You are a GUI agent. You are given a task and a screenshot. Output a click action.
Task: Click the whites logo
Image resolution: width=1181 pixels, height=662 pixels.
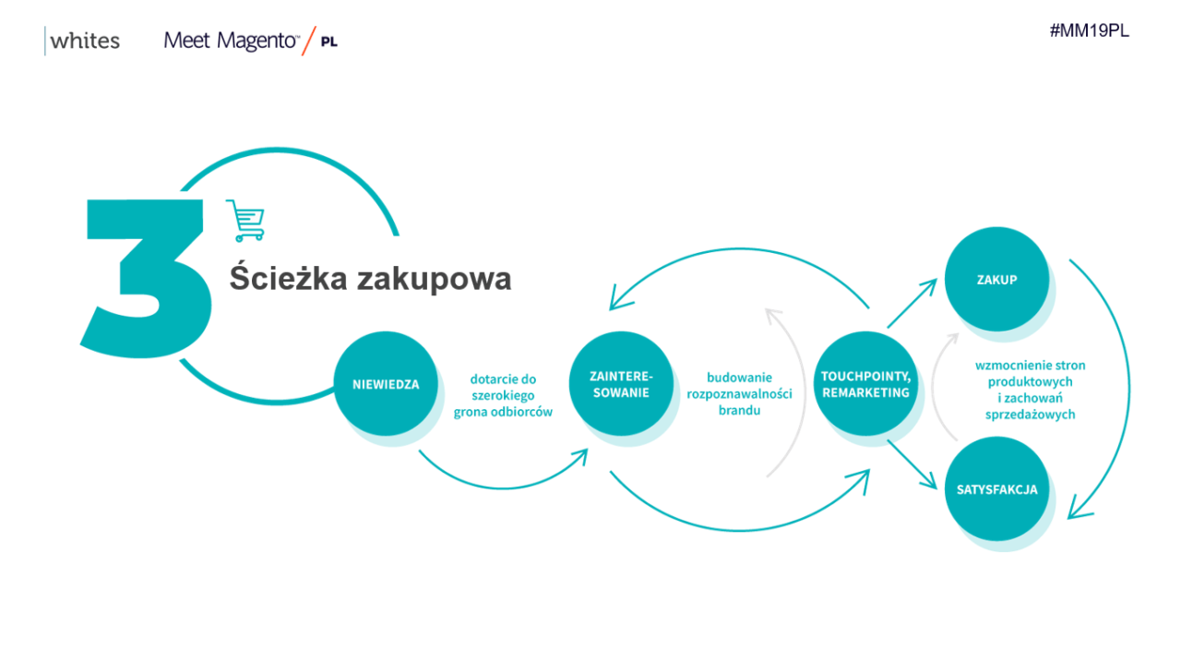tap(82, 41)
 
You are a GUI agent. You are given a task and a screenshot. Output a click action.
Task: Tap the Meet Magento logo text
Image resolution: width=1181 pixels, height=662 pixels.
tap(231, 41)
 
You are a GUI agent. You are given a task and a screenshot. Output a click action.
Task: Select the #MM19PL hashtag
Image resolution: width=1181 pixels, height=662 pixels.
tap(1090, 30)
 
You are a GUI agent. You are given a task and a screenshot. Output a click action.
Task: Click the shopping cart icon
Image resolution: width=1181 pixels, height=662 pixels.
tap(245, 221)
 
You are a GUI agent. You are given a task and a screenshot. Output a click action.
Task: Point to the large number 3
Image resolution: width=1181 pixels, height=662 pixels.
tap(146, 278)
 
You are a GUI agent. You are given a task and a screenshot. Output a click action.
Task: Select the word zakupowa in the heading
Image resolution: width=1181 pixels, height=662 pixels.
tap(434, 280)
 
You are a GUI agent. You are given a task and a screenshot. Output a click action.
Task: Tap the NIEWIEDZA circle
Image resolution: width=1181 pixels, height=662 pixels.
tap(386, 384)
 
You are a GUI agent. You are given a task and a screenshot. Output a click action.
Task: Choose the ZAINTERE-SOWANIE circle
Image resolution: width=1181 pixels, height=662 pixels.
tap(621, 384)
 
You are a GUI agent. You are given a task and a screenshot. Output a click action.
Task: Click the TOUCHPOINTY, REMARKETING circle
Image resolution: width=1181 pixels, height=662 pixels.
tap(865, 384)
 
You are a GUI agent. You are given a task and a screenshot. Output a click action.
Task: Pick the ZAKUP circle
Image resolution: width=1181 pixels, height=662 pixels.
tap(996, 279)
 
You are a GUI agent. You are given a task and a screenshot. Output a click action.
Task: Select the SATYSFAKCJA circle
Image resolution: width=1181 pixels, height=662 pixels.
tap(996, 489)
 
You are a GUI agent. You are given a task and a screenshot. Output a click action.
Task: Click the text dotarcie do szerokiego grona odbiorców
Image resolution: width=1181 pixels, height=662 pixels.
tap(503, 395)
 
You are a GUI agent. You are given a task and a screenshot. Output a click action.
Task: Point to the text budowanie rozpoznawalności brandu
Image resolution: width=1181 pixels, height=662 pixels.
tap(739, 393)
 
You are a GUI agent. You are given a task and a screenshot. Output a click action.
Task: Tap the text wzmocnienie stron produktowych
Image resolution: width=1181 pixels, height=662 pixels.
tap(1031, 373)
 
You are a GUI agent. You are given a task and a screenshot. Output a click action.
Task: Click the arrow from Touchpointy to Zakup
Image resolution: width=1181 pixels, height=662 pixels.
tap(913, 304)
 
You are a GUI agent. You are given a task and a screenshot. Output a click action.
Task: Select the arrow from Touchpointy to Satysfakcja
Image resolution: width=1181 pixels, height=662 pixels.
tap(913, 464)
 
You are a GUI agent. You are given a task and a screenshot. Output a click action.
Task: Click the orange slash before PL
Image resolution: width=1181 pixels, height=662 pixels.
tap(309, 41)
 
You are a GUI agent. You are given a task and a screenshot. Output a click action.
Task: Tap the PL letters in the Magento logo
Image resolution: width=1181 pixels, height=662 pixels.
tap(329, 42)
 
